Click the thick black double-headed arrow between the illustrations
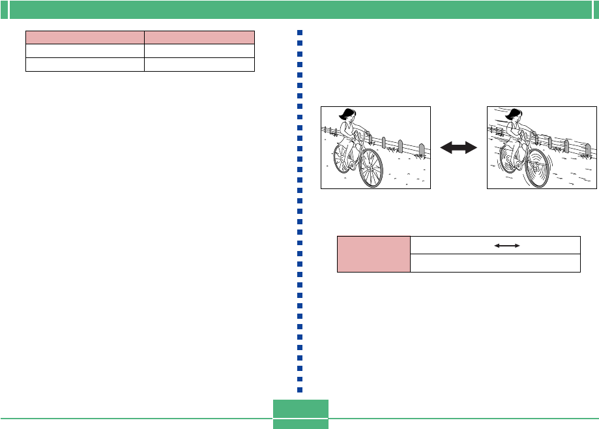coord(459,149)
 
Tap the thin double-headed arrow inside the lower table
coord(507,245)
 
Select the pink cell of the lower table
coord(373,254)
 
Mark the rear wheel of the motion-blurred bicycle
coord(510,158)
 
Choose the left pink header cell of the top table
coord(85,37)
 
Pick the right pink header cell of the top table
coord(199,37)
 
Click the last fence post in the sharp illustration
coord(423,150)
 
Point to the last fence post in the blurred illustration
coord(589,151)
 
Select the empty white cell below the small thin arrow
coord(495,263)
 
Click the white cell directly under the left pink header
coord(85,51)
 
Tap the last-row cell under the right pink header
coord(199,64)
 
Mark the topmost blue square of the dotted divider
coord(300,33)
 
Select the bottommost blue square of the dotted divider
coord(300,389)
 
